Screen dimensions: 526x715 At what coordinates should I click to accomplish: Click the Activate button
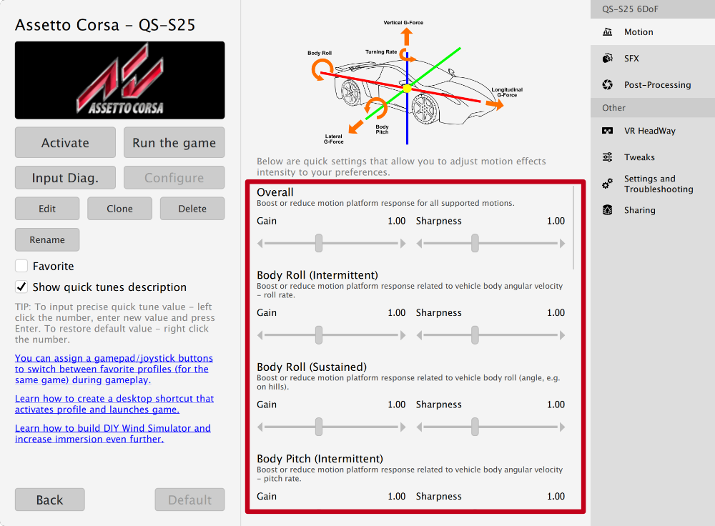pyautogui.click(x=65, y=142)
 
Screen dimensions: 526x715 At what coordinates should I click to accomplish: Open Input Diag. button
pyautogui.click(x=65, y=178)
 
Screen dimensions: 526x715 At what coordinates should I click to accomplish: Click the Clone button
pyautogui.click(x=119, y=209)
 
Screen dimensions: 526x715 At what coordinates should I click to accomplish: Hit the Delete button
pyautogui.click(x=192, y=209)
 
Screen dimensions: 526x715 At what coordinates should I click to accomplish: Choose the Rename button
pyautogui.click(x=47, y=239)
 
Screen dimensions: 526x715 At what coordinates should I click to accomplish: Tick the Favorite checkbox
pyautogui.click(x=21, y=266)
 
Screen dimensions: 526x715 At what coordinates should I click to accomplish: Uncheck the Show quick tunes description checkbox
pyautogui.click(x=21, y=287)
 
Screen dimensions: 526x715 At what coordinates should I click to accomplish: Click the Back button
pyautogui.click(x=49, y=500)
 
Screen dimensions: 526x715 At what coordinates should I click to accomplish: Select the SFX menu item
pyautogui.click(x=631, y=59)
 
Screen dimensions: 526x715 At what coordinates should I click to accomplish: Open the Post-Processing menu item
pyautogui.click(x=657, y=84)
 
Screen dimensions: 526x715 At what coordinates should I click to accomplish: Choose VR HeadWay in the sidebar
pyautogui.click(x=649, y=131)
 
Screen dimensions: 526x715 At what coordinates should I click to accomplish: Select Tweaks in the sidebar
pyautogui.click(x=639, y=157)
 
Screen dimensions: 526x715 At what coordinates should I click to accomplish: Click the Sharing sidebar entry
pyautogui.click(x=639, y=210)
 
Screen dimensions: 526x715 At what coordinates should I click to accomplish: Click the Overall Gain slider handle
pyautogui.click(x=319, y=243)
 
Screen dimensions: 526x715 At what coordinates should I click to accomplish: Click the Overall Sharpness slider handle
pyautogui.click(x=475, y=243)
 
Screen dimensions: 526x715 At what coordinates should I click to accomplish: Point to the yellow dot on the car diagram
pyautogui.click(x=407, y=88)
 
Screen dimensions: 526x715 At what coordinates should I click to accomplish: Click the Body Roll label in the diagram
pyautogui.click(x=320, y=53)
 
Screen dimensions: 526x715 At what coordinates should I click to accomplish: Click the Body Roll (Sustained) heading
pyautogui.click(x=311, y=367)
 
